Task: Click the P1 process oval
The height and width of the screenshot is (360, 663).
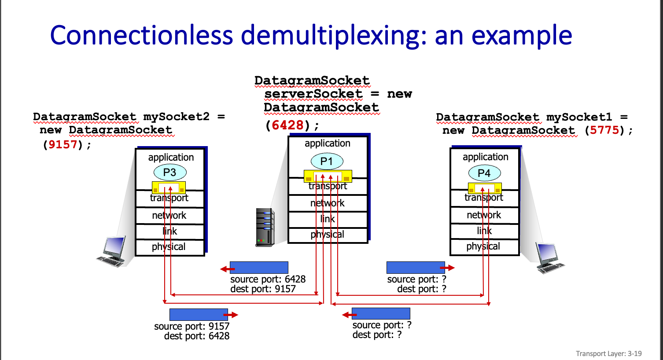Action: click(327, 162)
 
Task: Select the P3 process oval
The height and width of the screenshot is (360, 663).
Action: click(170, 173)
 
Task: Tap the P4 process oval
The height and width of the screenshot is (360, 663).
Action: click(484, 173)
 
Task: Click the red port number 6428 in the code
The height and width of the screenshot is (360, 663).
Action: click(287, 125)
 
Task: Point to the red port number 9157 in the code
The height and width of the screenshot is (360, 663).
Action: click(63, 145)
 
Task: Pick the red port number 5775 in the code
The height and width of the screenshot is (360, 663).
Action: click(604, 130)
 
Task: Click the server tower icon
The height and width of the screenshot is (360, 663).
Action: click(265, 227)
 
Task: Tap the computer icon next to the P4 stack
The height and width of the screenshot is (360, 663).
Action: click(549, 257)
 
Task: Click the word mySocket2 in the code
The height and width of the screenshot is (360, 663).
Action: click(177, 117)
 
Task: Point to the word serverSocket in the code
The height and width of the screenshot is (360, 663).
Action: click(313, 94)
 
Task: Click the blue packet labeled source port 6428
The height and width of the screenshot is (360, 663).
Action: click(259, 268)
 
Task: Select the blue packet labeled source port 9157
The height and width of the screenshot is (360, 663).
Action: click(199, 314)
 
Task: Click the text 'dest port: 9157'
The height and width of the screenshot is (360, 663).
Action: click(263, 289)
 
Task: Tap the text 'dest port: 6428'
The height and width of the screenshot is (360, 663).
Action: click(196, 336)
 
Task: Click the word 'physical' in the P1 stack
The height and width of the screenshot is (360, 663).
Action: click(328, 235)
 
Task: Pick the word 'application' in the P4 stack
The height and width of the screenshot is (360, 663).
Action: click(485, 157)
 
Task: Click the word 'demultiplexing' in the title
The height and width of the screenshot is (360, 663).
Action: click(334, 35)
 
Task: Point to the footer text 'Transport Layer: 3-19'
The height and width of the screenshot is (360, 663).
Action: click(608, 353)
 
